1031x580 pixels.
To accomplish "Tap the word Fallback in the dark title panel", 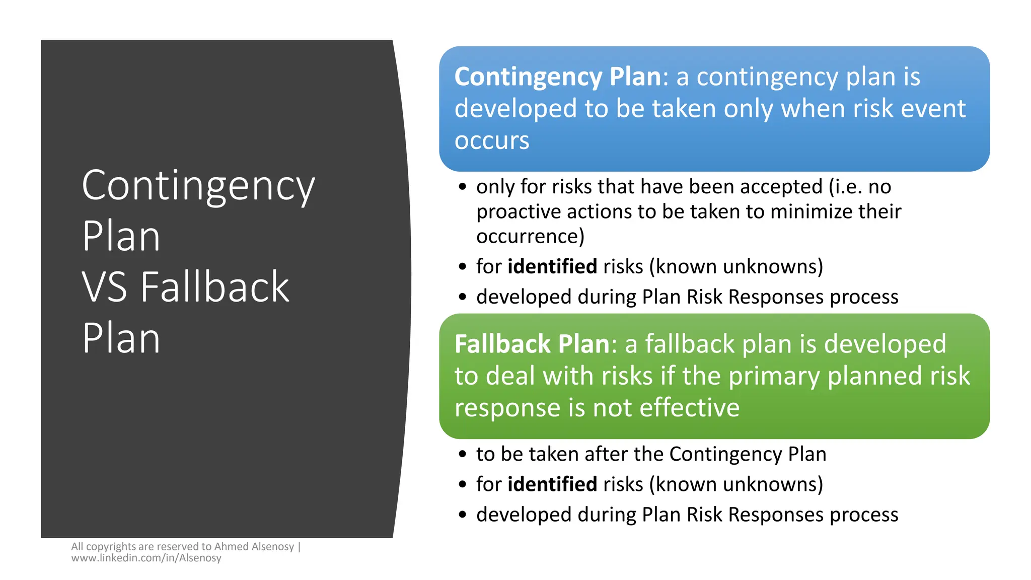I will pos(215,287).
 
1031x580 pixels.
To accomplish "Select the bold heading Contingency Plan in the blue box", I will pos(557,77).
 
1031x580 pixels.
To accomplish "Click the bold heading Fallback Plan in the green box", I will pos(532,344).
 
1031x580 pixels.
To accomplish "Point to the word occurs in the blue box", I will pos(492,140).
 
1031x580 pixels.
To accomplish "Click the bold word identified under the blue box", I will pos(552,266).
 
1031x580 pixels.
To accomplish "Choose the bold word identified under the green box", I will pos(552,484).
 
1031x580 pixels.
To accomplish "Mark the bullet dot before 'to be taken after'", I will pos(463,455).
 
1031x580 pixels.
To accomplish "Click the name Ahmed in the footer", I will pos(229,547).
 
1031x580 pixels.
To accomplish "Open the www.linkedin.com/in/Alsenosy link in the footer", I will pos(146,558).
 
